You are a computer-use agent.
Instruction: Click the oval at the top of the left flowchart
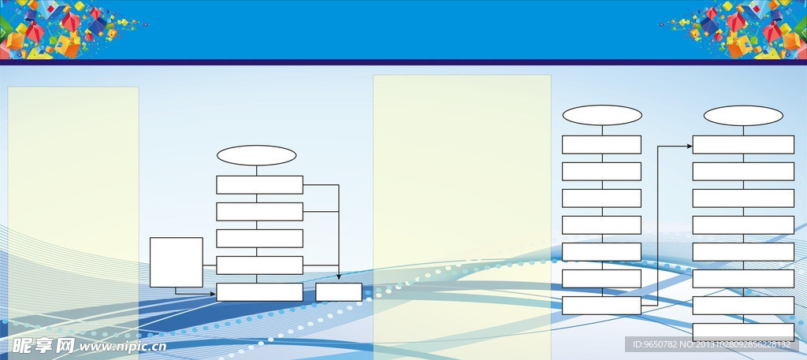pos(256,155)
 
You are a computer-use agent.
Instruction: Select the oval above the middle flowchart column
pos(602,115)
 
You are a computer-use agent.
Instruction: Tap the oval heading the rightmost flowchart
pos(743,116)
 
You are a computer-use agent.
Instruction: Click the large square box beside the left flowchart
pos(176,262)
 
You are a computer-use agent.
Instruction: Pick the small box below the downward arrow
pos(339,292)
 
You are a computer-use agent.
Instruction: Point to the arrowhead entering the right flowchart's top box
pos(690,147)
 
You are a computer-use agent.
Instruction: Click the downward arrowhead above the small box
pos(339,276)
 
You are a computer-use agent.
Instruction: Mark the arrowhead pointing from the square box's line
pos(212,294)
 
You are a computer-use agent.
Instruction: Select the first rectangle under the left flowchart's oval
pos(259,185)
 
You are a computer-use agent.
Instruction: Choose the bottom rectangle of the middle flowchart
pos(601,306)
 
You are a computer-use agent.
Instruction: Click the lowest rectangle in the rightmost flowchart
pos(743,332)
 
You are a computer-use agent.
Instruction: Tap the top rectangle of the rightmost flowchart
pos(743,144)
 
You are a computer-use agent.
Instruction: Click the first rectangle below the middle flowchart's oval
pos(601,144)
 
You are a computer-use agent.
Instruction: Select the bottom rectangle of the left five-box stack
pos(259,292)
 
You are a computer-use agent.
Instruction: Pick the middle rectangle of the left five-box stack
pos(259,239)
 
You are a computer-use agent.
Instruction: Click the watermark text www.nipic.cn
pos(122,347)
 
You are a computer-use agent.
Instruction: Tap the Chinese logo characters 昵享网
pos(44,346)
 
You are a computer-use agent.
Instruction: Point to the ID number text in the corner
pos(712,344)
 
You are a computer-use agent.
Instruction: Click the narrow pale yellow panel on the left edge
pos(73,216)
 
